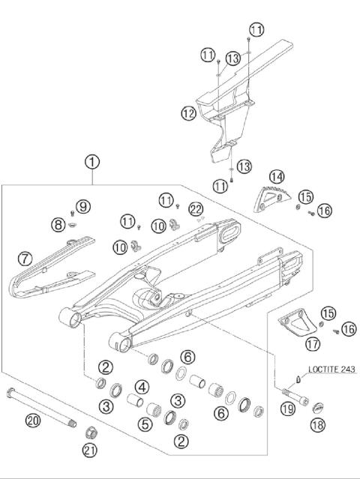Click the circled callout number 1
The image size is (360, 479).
(92, 161)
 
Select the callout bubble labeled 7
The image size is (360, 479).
(25, 259)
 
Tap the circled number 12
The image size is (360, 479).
(188, 114)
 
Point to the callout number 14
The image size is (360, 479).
(277, 177)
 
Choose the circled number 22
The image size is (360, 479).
(196, 208)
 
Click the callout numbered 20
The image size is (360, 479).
(31, 421)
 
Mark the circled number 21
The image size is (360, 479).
(91, 450)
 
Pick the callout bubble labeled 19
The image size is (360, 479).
(287, 409)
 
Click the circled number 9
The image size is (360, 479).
(82, 206)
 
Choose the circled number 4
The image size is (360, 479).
(140, 388)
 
